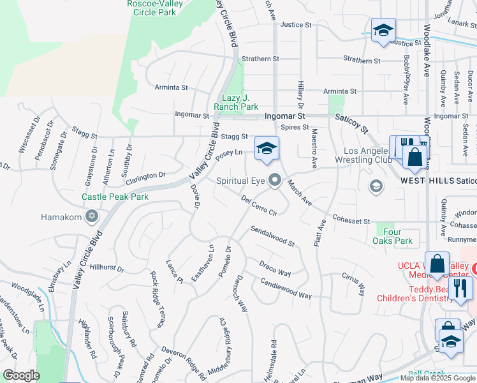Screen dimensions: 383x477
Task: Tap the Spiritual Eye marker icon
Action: click(275, 181)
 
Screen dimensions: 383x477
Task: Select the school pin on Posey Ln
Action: click(267, 149)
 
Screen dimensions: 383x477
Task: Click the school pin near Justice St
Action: click(383, 31)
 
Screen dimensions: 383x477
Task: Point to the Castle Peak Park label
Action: click(115, 197)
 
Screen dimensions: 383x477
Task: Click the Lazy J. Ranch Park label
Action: click(236, 102)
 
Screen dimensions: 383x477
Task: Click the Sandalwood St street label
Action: click(272, 236)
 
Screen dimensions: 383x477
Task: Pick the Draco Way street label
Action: click(275, 268)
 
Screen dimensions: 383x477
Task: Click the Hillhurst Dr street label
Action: click(107, 268)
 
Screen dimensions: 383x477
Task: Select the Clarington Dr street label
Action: click(145, 175)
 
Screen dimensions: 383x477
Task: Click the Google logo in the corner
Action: click(21, 375)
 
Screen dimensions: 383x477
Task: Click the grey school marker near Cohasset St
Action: click(376, 186)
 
